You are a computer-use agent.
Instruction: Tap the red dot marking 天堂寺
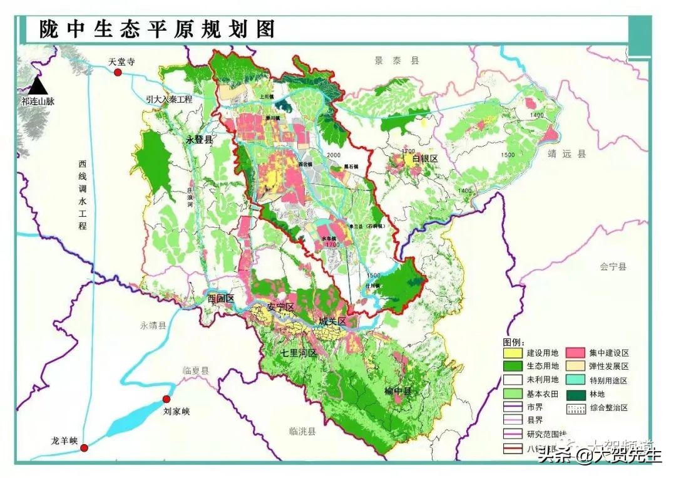(118, 73)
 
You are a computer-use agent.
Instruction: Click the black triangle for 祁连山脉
(38, 85)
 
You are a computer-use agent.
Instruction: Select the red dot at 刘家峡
(166, 399)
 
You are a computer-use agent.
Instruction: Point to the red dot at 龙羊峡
(84, 447)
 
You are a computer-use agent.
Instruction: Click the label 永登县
(199, 140)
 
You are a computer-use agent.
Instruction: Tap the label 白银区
(425, 160)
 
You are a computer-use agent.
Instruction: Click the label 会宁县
(613, 266)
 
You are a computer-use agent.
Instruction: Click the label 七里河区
(299, 353)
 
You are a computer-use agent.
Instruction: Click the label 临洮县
(302, 431)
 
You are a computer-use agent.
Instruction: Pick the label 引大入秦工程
(168, 99)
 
